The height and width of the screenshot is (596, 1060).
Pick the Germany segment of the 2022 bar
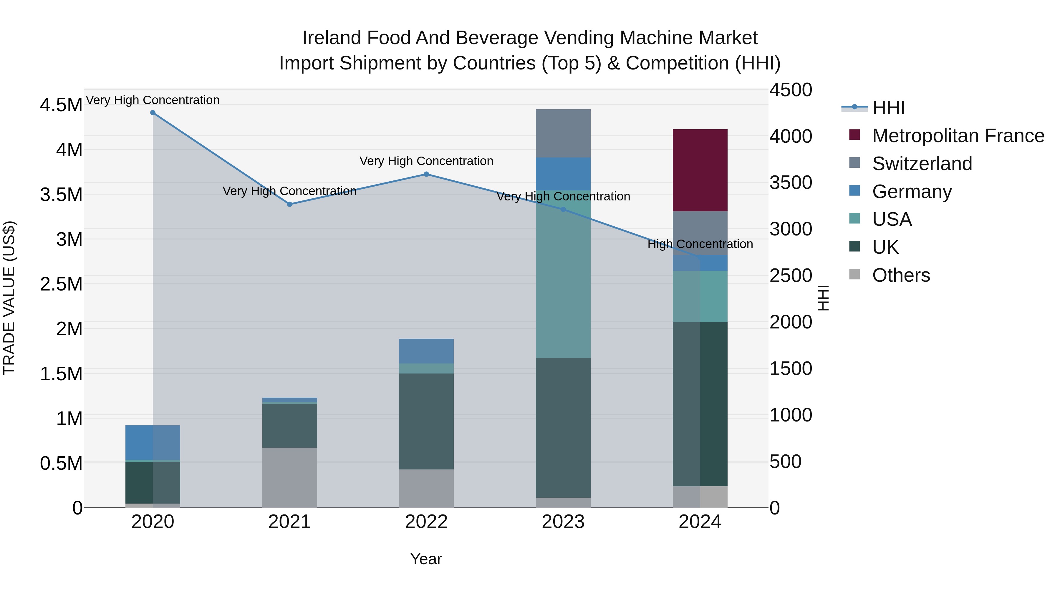click(426, 351)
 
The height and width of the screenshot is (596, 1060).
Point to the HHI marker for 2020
click(153, 113)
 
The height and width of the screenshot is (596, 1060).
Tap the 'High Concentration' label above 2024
click(700, 244)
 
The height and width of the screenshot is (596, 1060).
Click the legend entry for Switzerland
click(922, 164)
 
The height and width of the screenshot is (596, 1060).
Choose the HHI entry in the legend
click(888, 108)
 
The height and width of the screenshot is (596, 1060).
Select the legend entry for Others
click(901, 275)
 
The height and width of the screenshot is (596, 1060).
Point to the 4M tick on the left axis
click(69, 150)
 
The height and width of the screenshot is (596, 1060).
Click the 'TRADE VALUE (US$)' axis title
click(9, 298)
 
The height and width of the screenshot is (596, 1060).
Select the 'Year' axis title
click(426, 559)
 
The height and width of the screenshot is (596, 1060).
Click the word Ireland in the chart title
click(332, 38)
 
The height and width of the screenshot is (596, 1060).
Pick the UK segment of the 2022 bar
click(426, 421)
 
